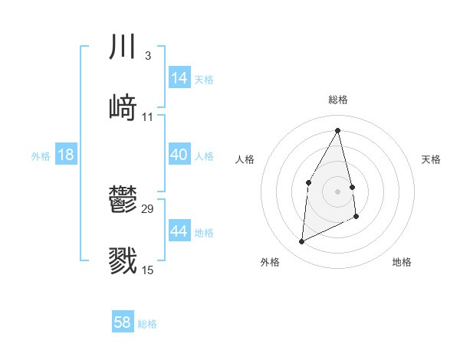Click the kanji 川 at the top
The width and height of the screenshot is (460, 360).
tap(123, 47)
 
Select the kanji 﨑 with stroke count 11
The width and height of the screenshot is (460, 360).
tap(123, 108)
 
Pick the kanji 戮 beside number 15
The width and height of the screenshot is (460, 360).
tap(123, 260)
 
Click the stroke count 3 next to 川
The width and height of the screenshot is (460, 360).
tap(147, 55)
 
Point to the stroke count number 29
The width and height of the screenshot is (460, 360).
tap(148, 208)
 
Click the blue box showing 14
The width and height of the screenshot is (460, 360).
tap(179, 78)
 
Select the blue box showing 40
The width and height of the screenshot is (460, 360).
tap(179, 155)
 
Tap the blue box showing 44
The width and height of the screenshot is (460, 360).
tap(179, 231)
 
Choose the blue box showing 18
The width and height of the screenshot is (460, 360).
tap(66, 155)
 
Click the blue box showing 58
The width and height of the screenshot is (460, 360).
tap(123, 322)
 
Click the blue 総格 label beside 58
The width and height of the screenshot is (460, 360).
tap(147, 324)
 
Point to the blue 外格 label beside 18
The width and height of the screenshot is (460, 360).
tap(41, 156)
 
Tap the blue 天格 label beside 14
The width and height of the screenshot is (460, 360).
tap(204, 80)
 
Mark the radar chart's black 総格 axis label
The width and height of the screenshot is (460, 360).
tap(338, 100)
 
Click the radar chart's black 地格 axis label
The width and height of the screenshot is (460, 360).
tap(402, 262)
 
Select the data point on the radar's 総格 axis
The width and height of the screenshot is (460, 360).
tap(338, 129)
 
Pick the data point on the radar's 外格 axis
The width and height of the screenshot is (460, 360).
tap(301, 242)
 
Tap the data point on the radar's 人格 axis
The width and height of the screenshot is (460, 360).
tap(308, 182)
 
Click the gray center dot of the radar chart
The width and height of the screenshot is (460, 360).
tap(338, 191)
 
